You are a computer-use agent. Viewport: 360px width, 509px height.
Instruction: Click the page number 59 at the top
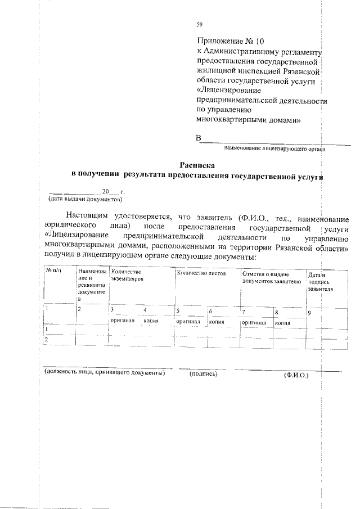point(199,24)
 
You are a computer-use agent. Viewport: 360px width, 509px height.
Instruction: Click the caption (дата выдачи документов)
point(84,199)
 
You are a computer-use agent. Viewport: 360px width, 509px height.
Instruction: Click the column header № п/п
point(53,272)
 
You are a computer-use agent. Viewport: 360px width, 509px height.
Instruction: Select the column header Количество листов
point(201,272)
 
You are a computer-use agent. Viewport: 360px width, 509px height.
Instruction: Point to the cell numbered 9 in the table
point(310,313)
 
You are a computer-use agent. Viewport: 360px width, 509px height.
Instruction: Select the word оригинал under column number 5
point(188,322)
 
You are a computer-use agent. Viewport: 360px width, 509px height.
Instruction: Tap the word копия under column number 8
point(281,323)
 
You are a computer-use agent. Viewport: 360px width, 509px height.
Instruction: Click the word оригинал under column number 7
point(253,323)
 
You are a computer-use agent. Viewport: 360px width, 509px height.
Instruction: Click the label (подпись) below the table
point(204,373)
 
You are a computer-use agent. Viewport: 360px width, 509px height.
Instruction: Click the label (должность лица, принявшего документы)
point(105,373)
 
